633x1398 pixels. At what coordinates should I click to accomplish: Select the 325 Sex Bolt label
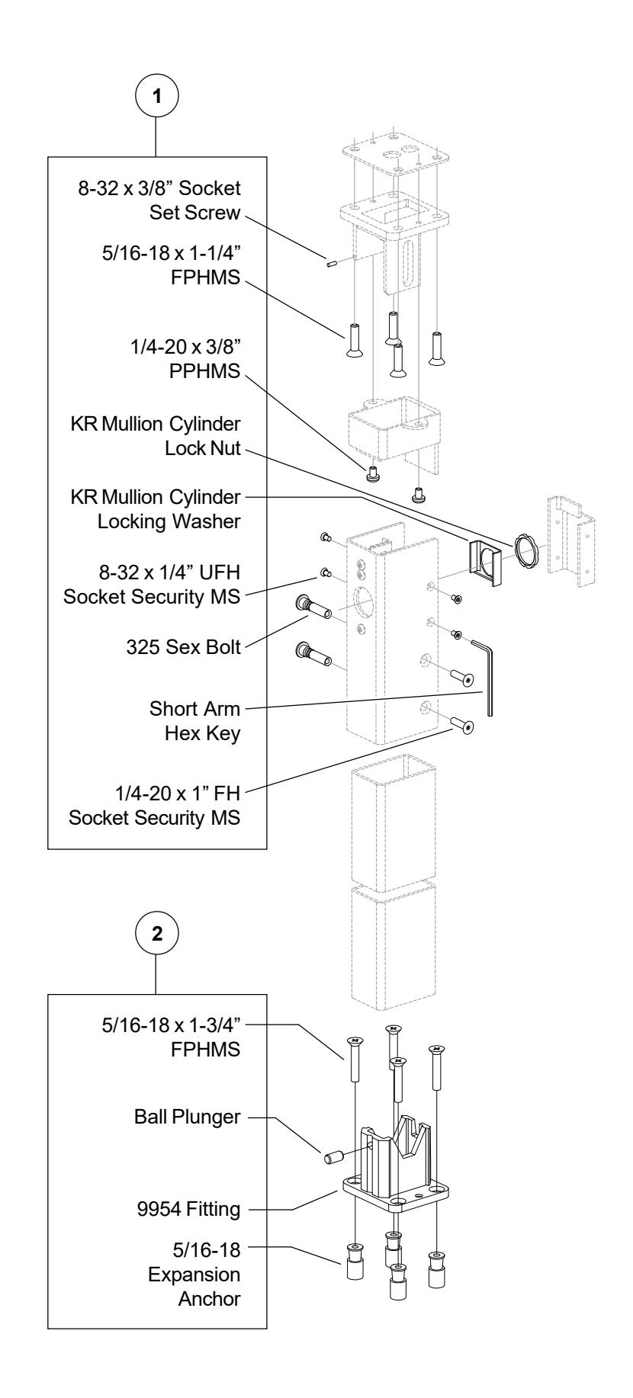pos(195,648)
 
